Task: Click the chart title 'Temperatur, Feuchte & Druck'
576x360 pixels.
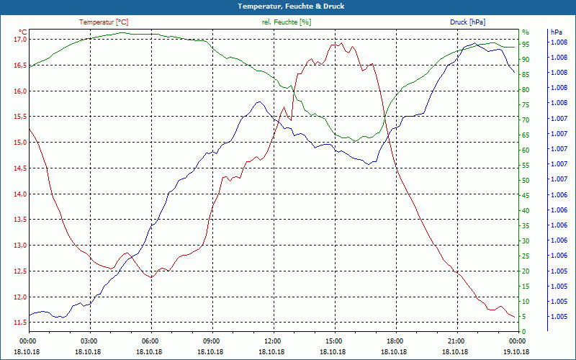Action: pos(288,6)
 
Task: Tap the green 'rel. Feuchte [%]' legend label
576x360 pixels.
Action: pos(287,22)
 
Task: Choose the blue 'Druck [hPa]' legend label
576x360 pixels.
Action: pos(467,22)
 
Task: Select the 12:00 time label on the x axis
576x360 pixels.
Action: pos(273,341)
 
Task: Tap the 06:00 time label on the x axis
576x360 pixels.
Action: pos(150,341)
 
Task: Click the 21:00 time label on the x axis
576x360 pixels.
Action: pos(456,341)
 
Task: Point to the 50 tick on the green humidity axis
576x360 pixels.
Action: pos(526,181)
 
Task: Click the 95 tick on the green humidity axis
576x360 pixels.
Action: pos(526,45)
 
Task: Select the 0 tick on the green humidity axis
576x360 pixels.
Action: pos(523,332)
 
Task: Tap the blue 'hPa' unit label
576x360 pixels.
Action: pos(556,32)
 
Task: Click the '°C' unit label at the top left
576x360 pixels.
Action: pos(22,32)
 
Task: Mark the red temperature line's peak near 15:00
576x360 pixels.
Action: pos(333,45)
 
